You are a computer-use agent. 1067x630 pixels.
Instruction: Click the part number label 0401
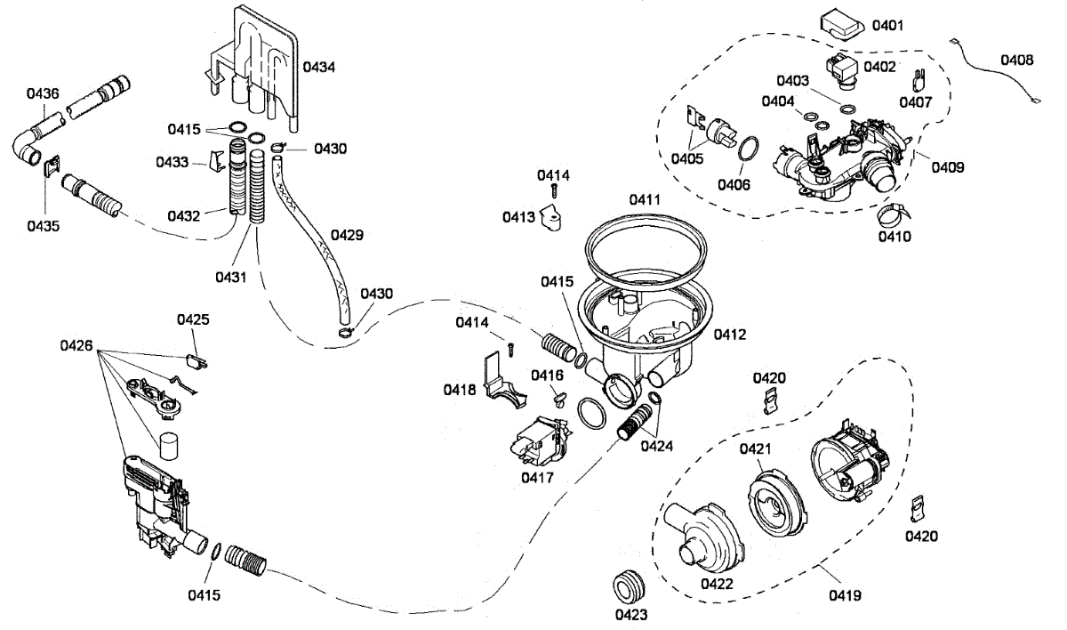click(887, 25)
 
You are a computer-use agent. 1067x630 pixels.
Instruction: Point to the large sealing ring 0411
click(646, 251)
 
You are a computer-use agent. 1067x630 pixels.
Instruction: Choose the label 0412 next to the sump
click(729, 335)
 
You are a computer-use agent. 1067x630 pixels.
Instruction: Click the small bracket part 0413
click(551, 218)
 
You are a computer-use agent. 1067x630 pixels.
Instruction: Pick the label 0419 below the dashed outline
click(845, 595)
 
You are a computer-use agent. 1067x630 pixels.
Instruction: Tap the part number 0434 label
click(318, 68)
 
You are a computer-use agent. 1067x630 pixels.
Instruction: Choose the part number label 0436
click(43, 93)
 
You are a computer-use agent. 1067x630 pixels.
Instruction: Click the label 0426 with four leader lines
click(76, 345)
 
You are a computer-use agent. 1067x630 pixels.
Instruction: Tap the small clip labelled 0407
click(919, 80)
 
